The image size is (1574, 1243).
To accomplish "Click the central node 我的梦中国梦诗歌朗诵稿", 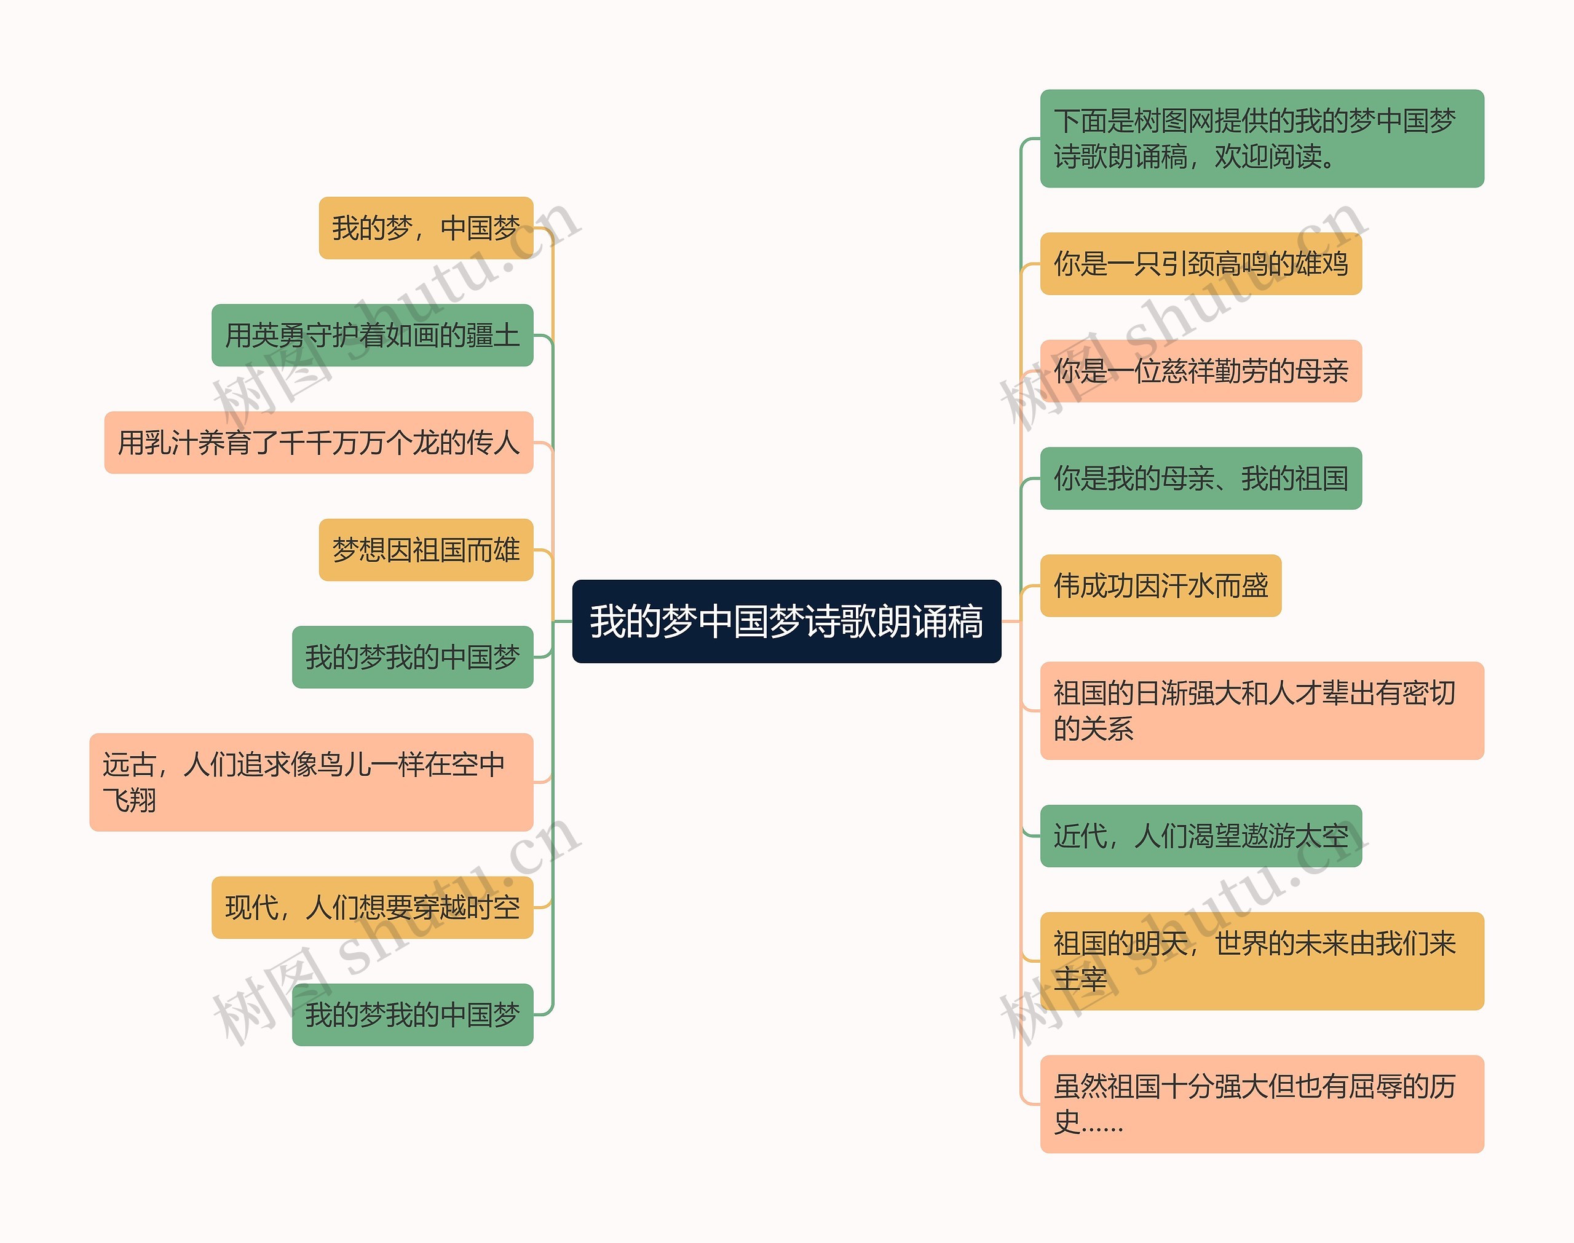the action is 786,621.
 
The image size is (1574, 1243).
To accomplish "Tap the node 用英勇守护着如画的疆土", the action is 372,336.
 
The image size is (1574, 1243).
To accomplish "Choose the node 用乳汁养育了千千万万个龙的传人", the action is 318,443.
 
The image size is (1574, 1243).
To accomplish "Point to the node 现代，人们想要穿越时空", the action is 372,907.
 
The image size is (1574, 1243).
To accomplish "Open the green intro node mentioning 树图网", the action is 1261,138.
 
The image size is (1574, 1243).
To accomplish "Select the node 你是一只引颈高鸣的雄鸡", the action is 1200,264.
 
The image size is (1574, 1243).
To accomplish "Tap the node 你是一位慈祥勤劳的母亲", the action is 1200,371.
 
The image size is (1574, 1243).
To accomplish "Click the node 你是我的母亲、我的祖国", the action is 1200,478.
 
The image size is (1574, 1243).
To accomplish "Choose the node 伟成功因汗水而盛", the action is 1160,586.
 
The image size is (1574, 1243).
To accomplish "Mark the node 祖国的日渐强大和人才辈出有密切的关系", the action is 1261,711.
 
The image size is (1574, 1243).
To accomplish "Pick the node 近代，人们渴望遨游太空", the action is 1200,836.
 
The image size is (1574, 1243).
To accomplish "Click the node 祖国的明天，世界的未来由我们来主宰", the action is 1261,961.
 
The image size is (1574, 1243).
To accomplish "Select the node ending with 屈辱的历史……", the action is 1261,1104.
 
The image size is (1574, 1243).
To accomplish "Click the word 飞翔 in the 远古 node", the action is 130,800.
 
